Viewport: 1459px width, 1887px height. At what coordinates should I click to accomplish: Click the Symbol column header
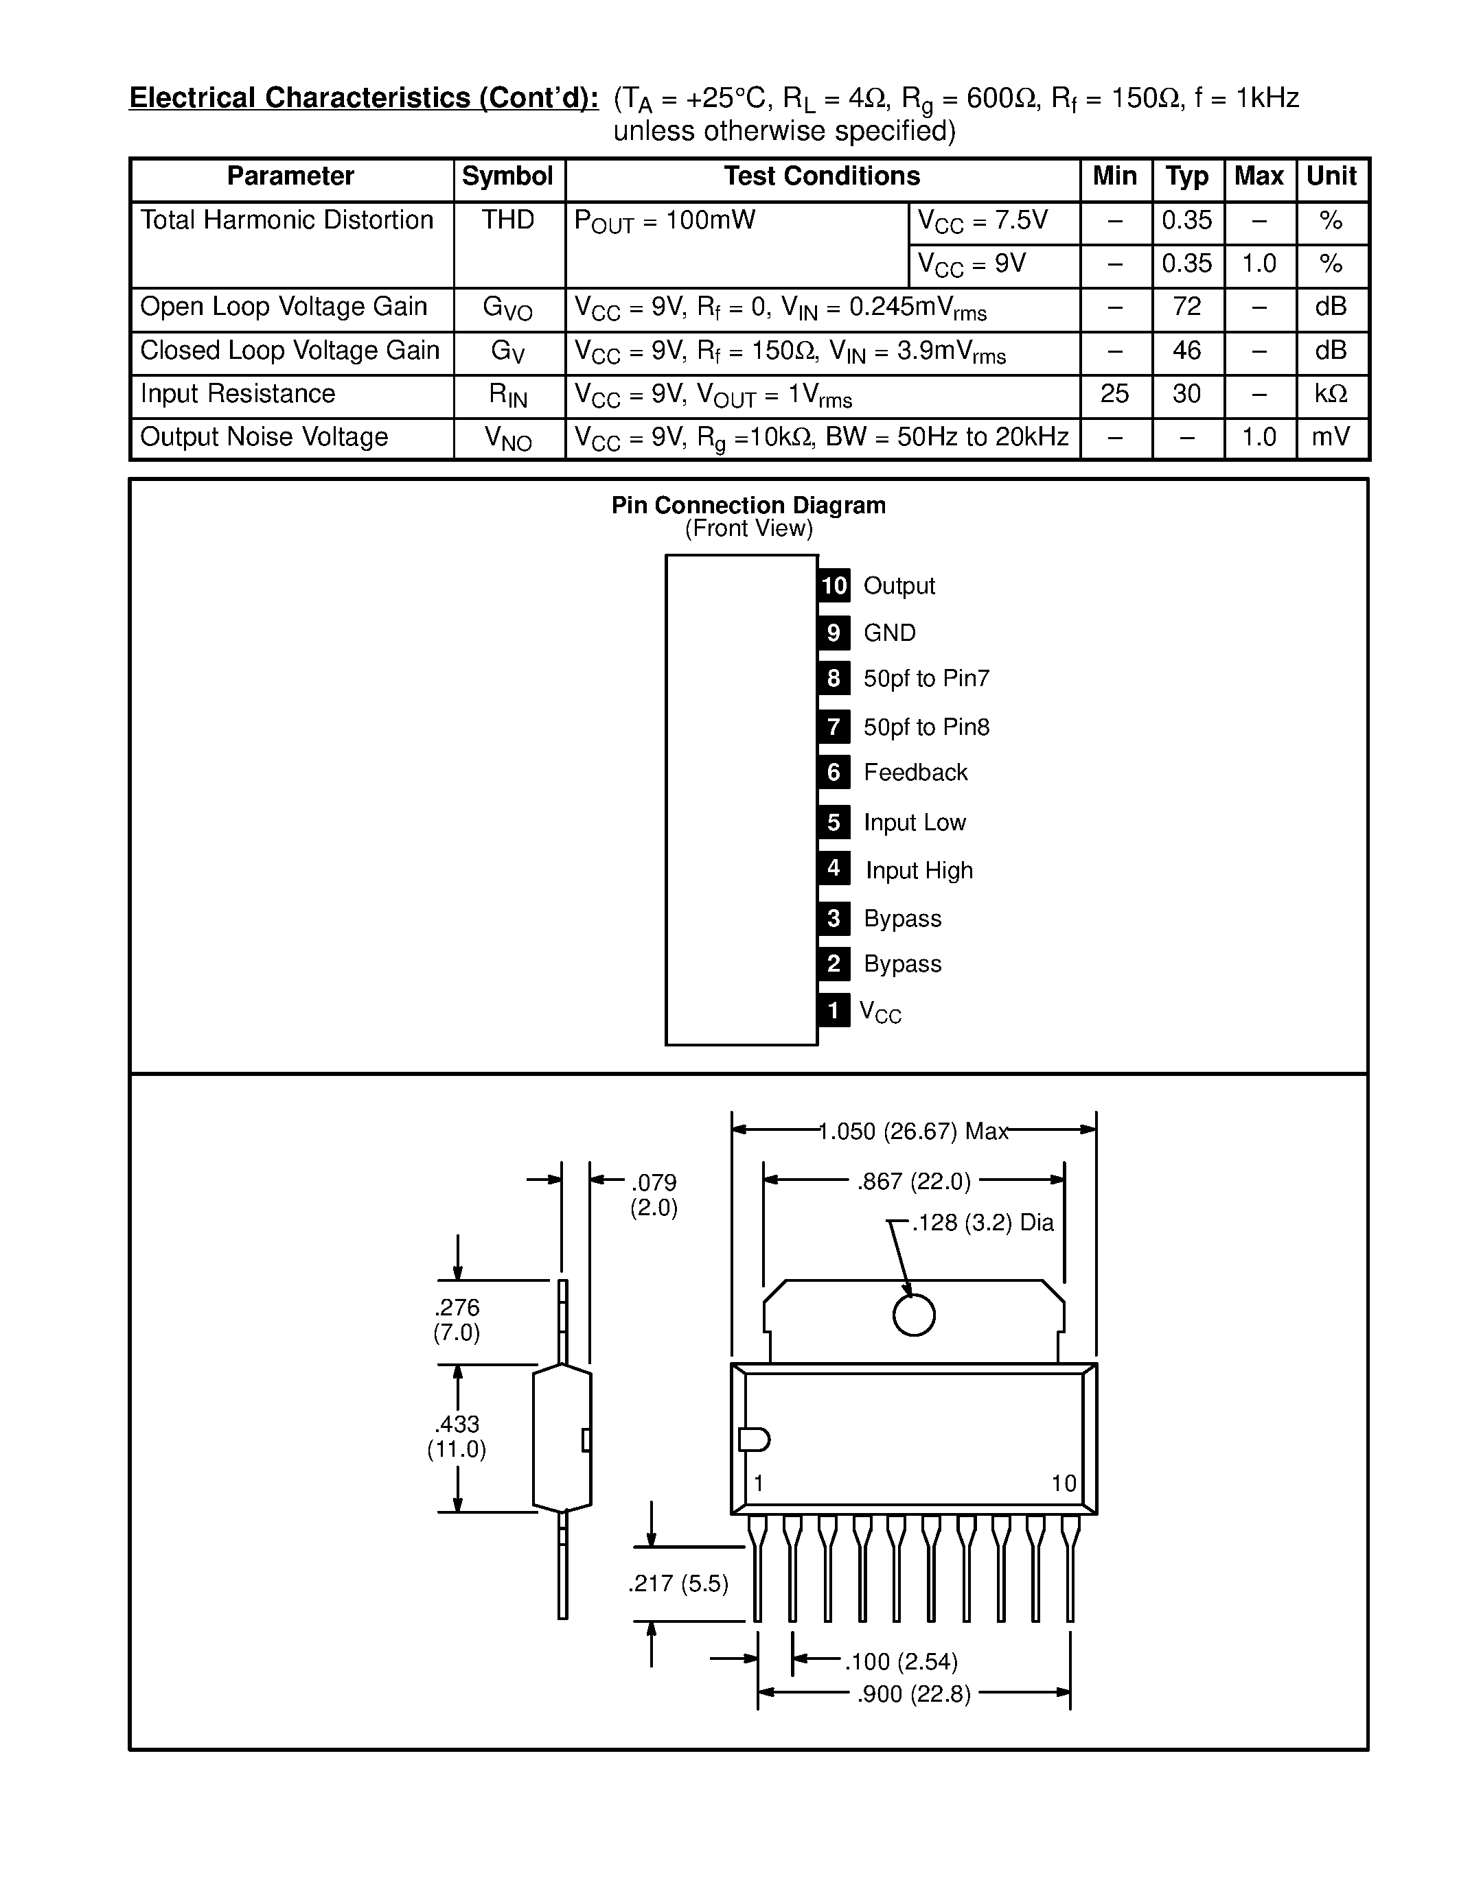pyautogui.click(x=507, y=176)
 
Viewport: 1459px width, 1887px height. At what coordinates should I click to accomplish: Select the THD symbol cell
pyautogui.click(x=507, y=220)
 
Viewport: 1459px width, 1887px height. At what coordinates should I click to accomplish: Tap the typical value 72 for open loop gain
pyautogui.click(x=1186, y=307)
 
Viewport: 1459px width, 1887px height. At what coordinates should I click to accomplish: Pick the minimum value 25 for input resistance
pyautogui.click(x=1114, y=394)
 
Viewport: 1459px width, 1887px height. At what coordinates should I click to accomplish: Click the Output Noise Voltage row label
pyautogui.click(x=264, y=437)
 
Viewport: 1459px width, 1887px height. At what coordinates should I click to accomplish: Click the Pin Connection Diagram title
pyautogui.click(x=748, y=506)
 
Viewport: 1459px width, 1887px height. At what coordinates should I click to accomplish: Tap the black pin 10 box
pyautogui.click(x=834, y=586)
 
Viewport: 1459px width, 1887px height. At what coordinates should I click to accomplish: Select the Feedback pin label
pyautogui.click(x=915, y=773)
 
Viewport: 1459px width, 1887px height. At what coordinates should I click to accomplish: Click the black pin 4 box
pyautogui.click(x=834, y=868)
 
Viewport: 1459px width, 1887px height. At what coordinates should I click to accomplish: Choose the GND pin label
pyautogui.click(x=889, y=633)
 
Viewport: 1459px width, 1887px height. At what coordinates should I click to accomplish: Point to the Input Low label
pyautogui.click(x=915, y=823)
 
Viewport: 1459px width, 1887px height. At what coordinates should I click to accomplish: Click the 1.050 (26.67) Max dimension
pyautogui.click(x=912, y=1132)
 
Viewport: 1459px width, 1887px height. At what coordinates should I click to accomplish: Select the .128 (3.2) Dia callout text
pyautogui.click(x=983, y=1223)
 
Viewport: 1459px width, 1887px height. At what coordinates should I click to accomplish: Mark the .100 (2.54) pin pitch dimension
pyautogui.click(x=901, y=1661)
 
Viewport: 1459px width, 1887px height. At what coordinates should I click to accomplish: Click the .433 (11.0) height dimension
pyautogui.click(x=457, y=1436)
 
